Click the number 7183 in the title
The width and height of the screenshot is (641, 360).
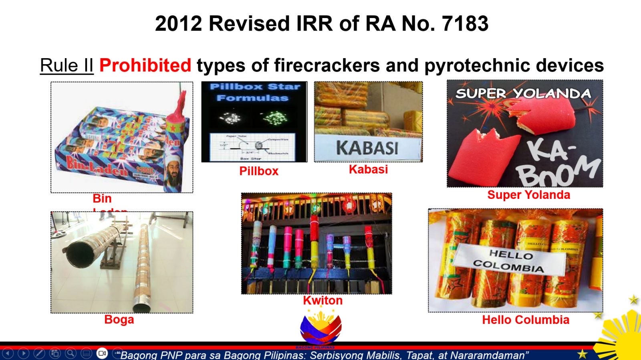(x=465, y=23)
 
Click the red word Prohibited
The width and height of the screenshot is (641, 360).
(x=145, y=65)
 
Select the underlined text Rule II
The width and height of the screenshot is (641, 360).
(x=67, y=65)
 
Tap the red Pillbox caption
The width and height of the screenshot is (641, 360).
(x=259, y=171)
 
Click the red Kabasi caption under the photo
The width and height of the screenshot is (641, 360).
(x=368, y=169)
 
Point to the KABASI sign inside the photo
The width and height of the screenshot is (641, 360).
(x=367, y=148)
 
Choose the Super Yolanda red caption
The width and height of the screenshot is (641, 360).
(x=528, y=195)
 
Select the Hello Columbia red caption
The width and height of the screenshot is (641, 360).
(x=525, y=320)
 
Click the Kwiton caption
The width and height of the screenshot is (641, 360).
(x=323, y=300)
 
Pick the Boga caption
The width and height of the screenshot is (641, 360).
(x=119, y=320)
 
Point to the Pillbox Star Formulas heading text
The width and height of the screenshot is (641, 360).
(x=254, y=92)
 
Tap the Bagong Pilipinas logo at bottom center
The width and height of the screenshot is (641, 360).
(x=320, y=329)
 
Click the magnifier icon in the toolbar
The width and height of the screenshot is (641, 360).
(x=71, y=353)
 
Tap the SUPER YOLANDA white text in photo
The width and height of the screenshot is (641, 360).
(x=523, y=93)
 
